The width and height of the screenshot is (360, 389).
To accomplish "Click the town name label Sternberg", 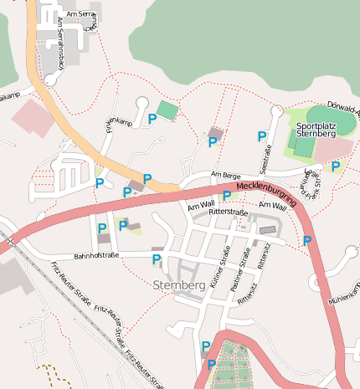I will pos(180,285).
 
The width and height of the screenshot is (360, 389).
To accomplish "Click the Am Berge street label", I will pos(226,175).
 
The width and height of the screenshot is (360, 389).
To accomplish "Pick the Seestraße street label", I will pos(269,158).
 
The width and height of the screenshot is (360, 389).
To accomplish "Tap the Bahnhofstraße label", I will pos(97,254).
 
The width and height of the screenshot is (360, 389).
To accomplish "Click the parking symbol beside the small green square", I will pos(152,120).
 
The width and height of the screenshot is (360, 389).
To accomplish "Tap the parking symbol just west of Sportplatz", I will pos(262,136).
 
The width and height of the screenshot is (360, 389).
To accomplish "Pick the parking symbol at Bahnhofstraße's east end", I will pos(156,259).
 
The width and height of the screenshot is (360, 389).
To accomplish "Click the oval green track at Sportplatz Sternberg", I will pos(330,118).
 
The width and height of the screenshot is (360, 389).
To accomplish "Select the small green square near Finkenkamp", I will pos(168,110).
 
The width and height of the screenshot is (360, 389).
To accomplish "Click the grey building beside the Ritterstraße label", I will pos(267,229).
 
